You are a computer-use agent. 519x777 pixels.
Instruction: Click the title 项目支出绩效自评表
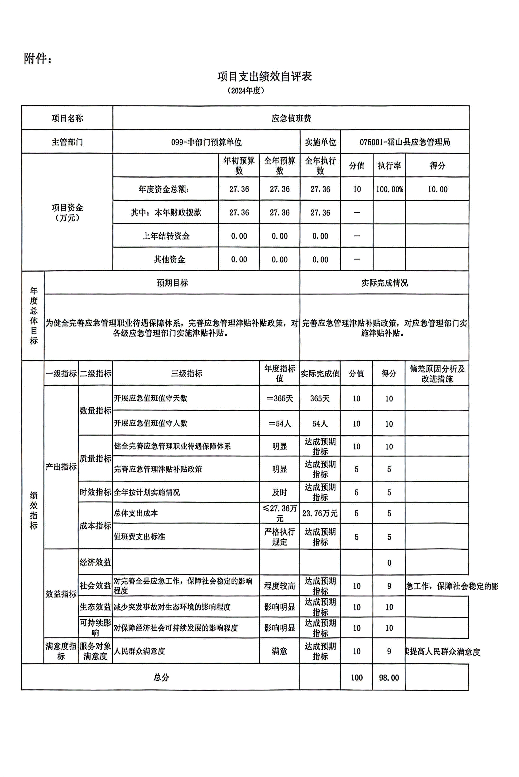tap(264, 77)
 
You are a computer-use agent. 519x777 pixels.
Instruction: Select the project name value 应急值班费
tap(291, 118)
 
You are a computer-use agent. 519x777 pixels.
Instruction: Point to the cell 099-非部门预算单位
tap(206, 142)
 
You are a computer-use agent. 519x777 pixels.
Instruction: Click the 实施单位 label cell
tap(320, 142)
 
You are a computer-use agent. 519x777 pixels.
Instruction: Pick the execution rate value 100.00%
tap(389, 189)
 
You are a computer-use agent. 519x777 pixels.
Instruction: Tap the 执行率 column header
tap(389, 165)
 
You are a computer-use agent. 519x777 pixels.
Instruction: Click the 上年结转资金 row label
tap(166, 236)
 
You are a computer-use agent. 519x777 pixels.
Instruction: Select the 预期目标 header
tap(172, 283)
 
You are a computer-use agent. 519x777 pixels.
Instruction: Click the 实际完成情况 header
tap(384, 283)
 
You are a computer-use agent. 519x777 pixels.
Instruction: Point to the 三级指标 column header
tap(186, 374)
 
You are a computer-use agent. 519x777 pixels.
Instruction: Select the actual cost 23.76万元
tap(320, 513)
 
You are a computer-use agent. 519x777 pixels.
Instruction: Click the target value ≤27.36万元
tap(280, 513)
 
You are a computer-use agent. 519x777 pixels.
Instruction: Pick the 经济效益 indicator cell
tap(95, 562)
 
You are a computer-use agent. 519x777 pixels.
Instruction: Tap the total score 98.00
tap(389, 677)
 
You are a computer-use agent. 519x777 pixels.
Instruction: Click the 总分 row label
tap(161, 677)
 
